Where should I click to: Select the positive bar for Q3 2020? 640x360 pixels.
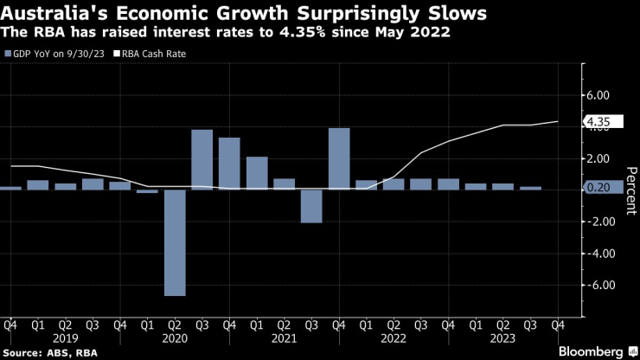202,159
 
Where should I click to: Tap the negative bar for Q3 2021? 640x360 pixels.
311,206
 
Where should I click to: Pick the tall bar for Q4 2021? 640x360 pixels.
339,158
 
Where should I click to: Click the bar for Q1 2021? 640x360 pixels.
257,173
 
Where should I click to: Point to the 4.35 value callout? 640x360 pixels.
599,123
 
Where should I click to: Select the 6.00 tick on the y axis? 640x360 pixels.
598,95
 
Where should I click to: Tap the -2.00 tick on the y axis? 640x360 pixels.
597,222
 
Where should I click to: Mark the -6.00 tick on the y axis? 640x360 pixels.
597,285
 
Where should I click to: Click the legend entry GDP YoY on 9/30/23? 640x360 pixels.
54,54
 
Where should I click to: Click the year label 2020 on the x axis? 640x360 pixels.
175,338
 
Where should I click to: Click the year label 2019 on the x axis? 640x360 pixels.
65,338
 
